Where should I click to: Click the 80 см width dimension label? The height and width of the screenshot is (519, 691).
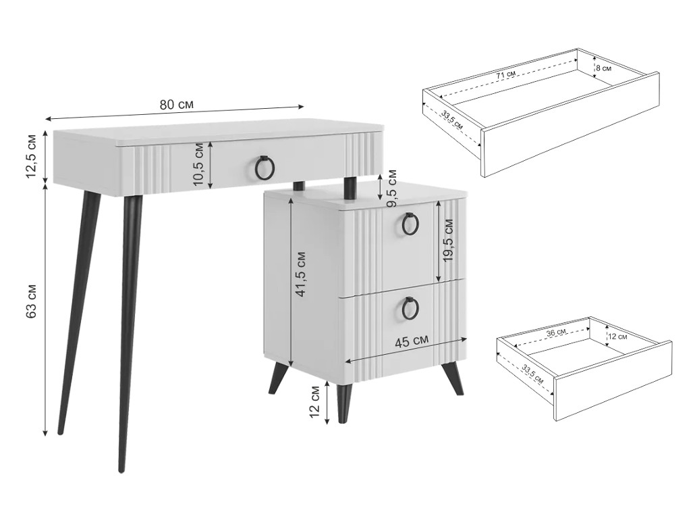[176, 105]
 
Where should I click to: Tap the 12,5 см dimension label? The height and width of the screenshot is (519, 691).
[32, 155]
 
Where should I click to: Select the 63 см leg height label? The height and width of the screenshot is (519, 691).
[32, 301]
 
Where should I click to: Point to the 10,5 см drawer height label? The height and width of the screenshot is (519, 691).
[198, 164]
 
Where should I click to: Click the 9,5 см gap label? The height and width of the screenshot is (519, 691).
[391, 189]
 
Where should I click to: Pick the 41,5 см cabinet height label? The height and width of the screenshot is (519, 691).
[300, 274]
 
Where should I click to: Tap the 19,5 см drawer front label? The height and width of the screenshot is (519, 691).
[448, 240]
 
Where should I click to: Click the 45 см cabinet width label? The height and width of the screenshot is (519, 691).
[411, 341]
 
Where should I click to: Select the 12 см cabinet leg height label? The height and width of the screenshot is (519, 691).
[314, 402]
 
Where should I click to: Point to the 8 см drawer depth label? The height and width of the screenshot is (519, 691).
[603, 68]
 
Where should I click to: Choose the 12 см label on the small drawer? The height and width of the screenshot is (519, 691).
[618, 337]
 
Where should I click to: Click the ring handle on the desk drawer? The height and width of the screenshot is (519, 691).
[265, 168]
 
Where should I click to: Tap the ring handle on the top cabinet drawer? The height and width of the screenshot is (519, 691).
[411, 225]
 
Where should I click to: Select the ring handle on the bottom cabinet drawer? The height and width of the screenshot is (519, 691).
[411, 307]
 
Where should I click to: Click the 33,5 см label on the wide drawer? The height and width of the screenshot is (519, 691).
[452, 119]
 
